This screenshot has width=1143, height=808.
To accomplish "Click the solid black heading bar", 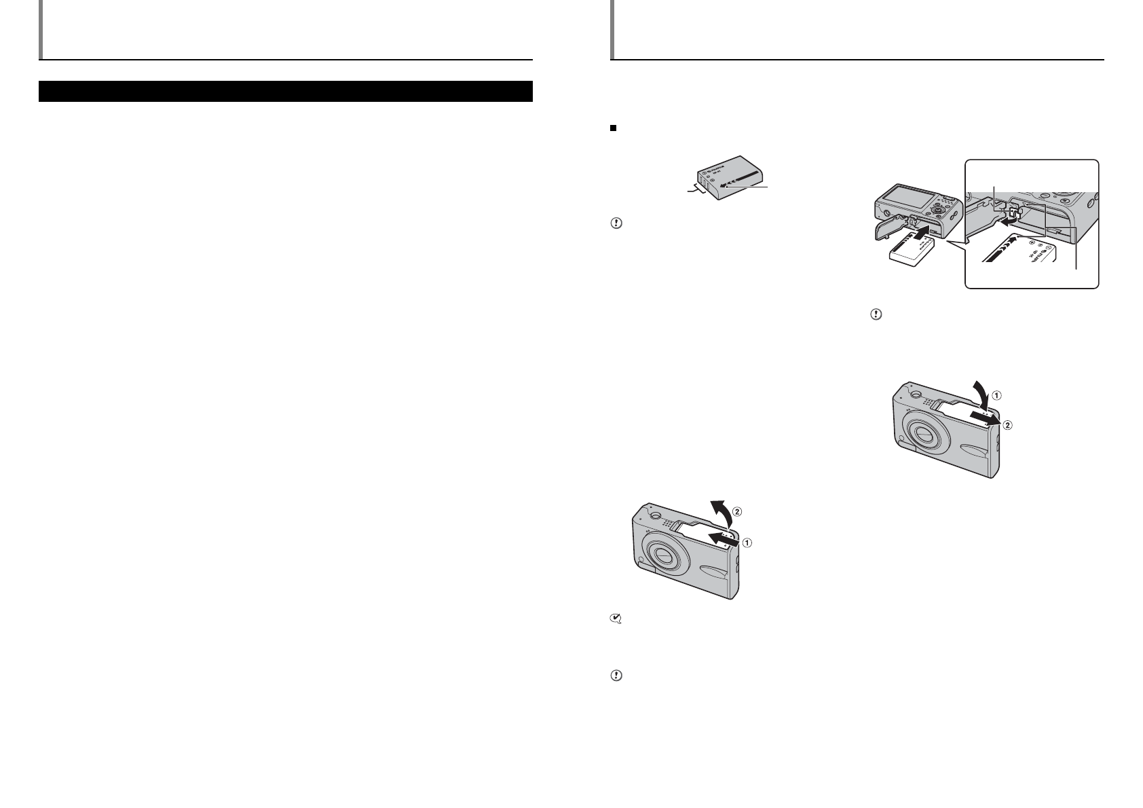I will (x=285, y=92).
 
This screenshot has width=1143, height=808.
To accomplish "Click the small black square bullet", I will (x=612, y=127).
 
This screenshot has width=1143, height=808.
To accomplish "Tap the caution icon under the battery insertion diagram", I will (x=876, y=315).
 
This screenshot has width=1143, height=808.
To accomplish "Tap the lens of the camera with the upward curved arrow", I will (x=660, y=555).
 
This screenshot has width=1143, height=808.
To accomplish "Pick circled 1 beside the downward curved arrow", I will (x=996, y=394).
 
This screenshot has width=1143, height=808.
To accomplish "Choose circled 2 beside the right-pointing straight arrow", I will (x=1007, y=425).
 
